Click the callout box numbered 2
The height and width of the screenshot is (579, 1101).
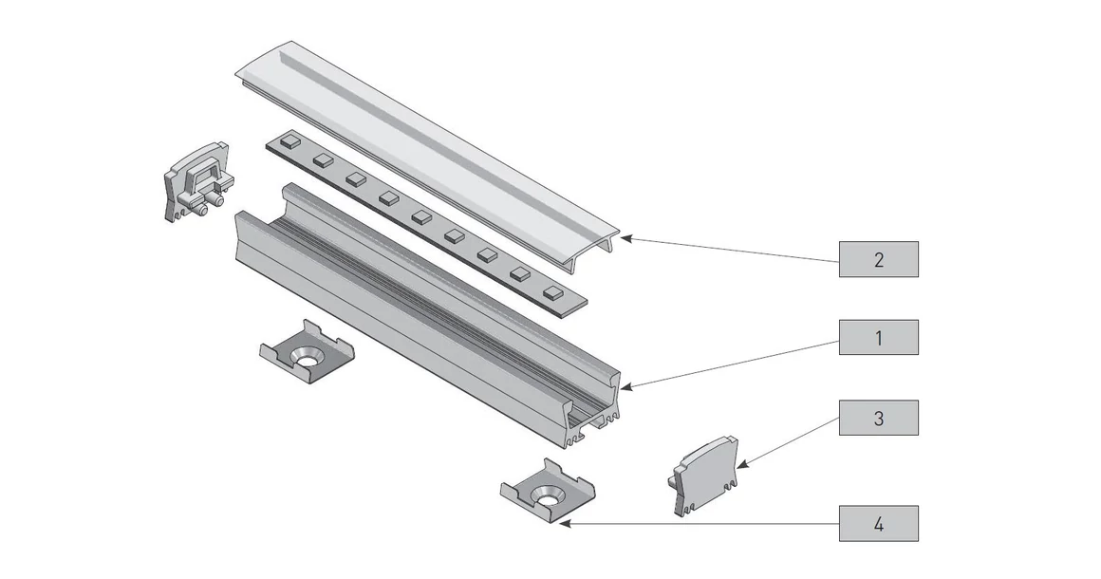(878, 259)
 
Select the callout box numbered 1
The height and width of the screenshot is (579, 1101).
(878, 337)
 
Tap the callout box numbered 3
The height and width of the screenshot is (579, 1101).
(878, 418)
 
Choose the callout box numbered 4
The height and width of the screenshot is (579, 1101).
(878, 523)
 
